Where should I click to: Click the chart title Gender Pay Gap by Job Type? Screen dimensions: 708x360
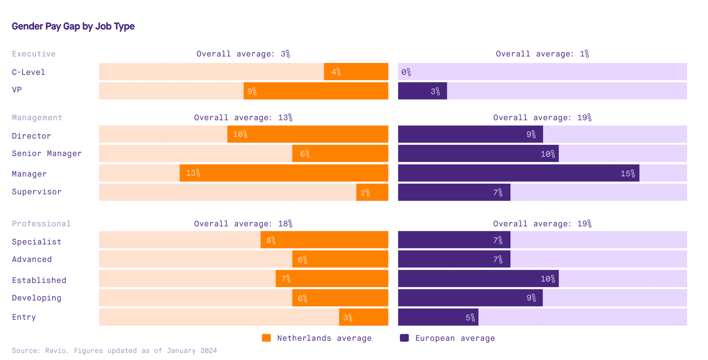73,27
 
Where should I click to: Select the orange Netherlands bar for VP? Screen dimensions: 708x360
316,91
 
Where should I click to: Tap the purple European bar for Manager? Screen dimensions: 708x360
519,173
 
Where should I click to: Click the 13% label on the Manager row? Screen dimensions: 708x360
193,173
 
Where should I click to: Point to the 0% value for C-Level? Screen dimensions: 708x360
406,72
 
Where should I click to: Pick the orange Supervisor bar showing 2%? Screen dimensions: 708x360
372,192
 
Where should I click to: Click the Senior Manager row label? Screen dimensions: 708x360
47,154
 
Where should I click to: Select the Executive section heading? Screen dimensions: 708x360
34,54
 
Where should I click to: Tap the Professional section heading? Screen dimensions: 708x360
41,224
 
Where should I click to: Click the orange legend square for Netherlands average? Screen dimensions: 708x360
266,338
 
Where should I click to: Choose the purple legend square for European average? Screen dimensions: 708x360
404,338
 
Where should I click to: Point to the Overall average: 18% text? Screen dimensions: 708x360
243,224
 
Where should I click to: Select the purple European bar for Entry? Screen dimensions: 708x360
438,317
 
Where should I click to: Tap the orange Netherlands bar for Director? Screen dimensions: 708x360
308,134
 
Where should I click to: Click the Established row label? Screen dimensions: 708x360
39,280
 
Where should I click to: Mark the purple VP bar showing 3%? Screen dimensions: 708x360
422,91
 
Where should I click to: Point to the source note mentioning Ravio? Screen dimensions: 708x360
114,351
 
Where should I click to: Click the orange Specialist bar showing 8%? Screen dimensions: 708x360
324,240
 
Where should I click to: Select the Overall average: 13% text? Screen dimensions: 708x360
243,118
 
